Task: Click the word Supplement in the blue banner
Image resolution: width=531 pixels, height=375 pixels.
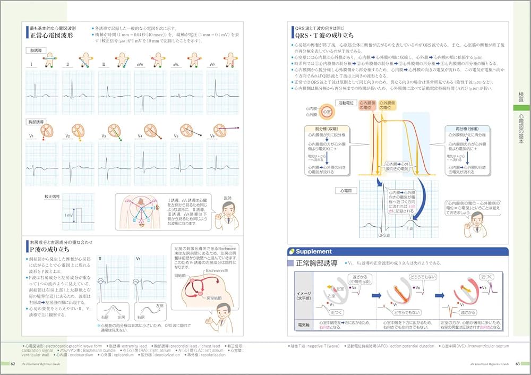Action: [x=314, y=251]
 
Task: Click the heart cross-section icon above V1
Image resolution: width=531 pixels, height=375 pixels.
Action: [x=45, y=130]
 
